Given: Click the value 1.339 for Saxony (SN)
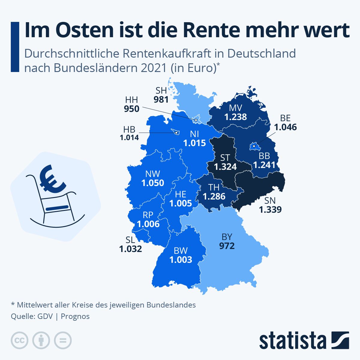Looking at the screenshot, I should click(270, 209).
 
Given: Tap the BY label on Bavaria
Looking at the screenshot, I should click(227, 237).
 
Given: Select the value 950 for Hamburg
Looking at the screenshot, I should click(132, 109).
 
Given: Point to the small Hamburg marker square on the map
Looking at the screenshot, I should click(196, 120).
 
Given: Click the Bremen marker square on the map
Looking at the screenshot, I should click(176, 132).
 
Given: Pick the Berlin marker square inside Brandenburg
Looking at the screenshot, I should click(254, 146).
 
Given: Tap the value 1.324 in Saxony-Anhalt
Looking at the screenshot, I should click(226, 167).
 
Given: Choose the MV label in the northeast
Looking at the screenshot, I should click(235, 108).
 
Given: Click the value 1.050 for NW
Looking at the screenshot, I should click(153, 183).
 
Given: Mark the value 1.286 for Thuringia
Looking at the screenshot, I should click(214, 196).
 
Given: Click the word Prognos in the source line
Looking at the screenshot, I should click(75, 316).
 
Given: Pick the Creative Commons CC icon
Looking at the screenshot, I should click(19, 340).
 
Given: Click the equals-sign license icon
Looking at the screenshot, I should click(63, 340).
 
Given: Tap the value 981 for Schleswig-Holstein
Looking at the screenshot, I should click(161, 99).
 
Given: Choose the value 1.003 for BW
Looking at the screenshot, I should click(181, 259).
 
